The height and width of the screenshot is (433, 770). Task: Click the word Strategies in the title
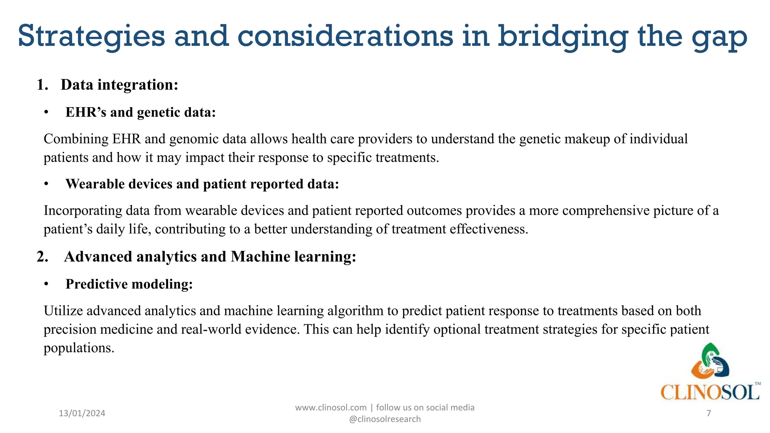(91, 36)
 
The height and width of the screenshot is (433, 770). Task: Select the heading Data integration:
(119, 85)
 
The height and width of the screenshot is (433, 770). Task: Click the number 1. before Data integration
(42, 85)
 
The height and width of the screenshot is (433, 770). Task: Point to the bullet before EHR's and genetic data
(46, 113)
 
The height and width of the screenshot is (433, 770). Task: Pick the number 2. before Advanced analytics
(42, 257)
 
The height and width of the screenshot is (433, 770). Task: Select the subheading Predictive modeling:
(129, 284)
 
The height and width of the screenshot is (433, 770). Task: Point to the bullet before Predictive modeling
(46, 285)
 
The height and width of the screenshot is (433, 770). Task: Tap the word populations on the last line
(79, 348)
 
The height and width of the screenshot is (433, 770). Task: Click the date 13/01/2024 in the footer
(82, 413)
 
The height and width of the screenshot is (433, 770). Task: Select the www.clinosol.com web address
(330, 407)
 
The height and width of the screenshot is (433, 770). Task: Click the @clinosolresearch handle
(385, 419)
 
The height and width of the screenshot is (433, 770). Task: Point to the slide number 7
(709, 413)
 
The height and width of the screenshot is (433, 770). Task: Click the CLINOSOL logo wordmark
(709, 392)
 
